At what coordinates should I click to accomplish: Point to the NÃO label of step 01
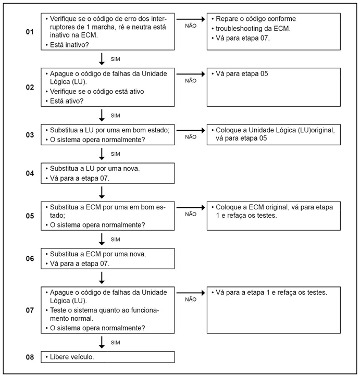(191, 26)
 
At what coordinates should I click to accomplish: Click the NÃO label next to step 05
(191, 214)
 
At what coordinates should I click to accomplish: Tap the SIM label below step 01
(115, 59)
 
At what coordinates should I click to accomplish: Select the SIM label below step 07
(115, 343)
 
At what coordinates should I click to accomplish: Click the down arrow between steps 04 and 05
(102, 192)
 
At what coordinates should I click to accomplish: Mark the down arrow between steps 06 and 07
(102, 277)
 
